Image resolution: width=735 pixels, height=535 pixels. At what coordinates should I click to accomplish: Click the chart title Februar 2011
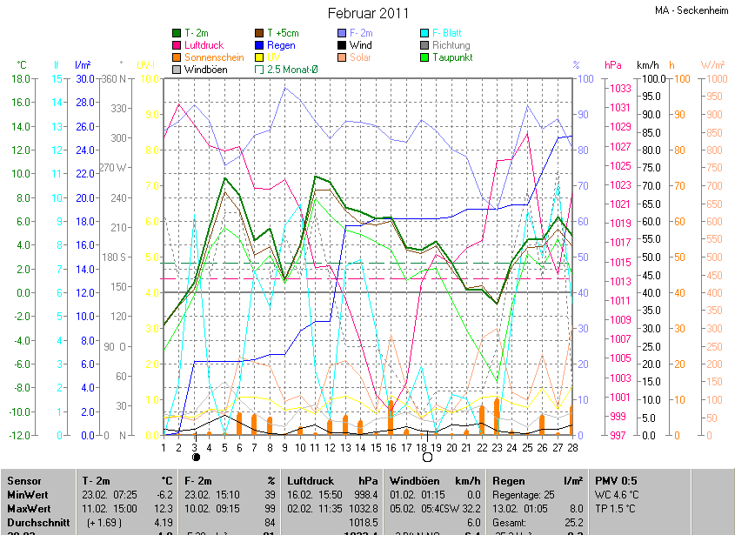368,13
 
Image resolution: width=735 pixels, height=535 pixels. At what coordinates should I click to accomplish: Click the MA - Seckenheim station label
691,11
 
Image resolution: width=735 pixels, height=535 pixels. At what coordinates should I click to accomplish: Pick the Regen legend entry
281,45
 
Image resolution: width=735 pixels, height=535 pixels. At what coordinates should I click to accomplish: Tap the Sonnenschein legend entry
214,57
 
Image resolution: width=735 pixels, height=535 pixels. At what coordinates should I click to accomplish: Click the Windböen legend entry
207,68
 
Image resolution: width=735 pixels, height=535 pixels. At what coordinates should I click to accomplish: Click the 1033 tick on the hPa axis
619,88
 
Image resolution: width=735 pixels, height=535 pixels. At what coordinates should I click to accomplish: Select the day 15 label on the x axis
376,447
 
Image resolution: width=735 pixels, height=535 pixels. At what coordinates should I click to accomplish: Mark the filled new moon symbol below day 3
196,457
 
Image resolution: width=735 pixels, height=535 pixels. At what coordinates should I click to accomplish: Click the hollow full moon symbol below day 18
427,457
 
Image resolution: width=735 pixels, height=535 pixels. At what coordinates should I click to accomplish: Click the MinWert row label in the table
27,494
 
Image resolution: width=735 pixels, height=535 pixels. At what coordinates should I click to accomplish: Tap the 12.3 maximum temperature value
165,507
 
